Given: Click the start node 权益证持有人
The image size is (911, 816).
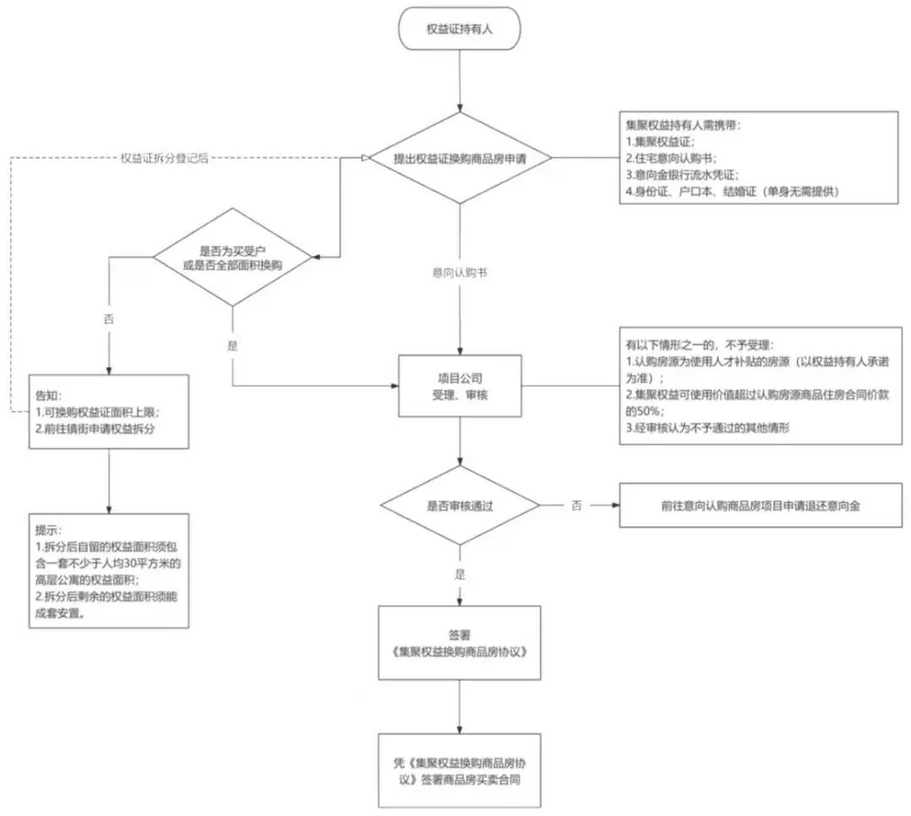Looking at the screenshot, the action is point(459,29).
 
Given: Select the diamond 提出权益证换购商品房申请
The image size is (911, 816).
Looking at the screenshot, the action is point(461,158).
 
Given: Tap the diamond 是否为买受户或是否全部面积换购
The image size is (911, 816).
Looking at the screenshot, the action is point(233,257).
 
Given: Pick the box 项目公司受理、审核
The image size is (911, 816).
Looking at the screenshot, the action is point(460,386).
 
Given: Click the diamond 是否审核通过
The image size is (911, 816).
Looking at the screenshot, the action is point(460,505).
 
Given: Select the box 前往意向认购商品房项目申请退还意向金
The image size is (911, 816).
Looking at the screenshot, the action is point(761,505).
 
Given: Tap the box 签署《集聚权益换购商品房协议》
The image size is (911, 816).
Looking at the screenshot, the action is point(460,643).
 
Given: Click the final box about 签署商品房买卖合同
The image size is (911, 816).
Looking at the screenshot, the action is point(460,770).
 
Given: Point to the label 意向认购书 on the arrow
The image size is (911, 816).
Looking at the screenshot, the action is point(460,273).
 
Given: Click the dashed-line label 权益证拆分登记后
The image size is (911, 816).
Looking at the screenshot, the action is point(164,158).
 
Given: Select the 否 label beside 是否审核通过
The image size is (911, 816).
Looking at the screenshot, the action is point(576,505).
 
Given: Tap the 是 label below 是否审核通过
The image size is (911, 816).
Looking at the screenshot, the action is point(461,575).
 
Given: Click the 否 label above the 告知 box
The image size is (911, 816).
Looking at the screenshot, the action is point(109,319).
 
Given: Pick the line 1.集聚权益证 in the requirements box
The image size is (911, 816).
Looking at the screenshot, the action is point(660,141).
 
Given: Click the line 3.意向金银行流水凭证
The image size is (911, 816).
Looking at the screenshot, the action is point(682,175).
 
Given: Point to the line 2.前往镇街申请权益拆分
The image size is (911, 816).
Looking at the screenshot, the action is point(95,429).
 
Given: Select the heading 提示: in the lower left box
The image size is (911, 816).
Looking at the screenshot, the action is point(48,530).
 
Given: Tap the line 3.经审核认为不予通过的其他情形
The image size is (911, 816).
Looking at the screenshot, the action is point(708,428).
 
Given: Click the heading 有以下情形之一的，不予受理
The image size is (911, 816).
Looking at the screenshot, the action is point(699,345).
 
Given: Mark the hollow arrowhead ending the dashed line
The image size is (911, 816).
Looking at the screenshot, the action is point(365,158).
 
